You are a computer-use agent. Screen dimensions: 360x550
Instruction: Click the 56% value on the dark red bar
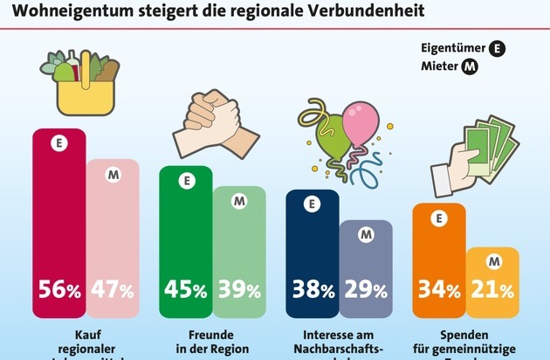pos(58,289)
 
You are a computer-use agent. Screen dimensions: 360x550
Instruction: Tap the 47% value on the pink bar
pos(113,289)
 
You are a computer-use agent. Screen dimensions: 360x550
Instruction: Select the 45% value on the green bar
pos(185,289)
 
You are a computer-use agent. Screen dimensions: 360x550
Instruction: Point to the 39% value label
pos(239,289)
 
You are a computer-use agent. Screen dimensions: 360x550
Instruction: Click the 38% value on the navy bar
pos(312,289)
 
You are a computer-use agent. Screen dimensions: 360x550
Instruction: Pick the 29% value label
pos(366,289)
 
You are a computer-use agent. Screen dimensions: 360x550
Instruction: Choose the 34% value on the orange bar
pos(437,289)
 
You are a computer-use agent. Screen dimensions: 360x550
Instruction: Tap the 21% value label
pos(492,289)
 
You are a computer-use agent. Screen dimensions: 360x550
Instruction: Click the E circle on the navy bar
pos(312,206)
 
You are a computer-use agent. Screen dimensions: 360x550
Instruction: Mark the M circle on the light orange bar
pos(492,260)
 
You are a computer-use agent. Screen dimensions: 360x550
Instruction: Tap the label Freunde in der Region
pos(211,342)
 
